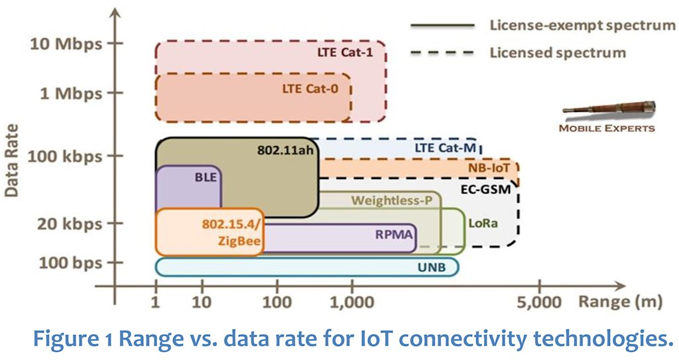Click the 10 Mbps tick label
pos(66,44)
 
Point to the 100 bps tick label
pos(70,263)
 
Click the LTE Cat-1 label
pos(347,52)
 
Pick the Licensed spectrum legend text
pos(558,52)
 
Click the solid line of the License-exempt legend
pos(443,27)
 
